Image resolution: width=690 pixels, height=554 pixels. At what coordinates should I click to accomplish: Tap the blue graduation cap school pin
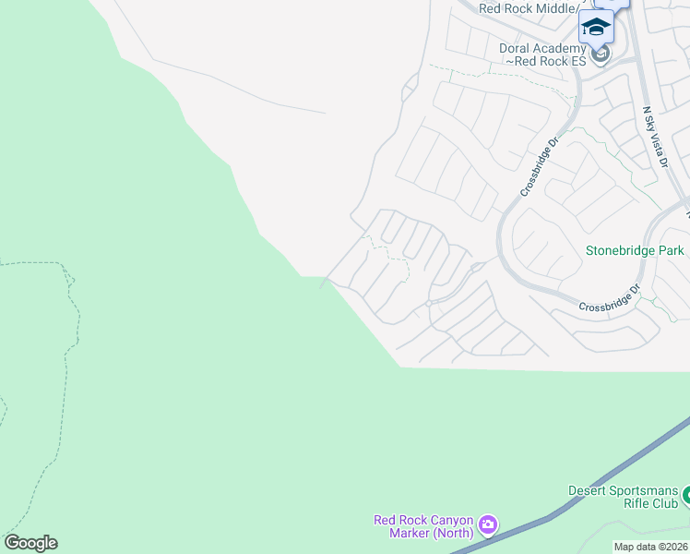point(596,27)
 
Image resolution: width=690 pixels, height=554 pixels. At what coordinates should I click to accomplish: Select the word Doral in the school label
point(516,47)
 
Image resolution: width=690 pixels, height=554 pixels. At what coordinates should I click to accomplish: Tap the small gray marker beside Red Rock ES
point(601,54)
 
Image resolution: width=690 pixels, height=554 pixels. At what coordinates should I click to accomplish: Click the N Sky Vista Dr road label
point(655,136)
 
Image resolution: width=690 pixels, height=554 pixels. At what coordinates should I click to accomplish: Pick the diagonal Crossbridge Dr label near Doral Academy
point(540,167)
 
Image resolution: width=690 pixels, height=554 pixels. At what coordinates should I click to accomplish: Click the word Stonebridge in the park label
point(620,250)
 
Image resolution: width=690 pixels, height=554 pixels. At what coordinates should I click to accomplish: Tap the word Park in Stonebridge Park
point(671,250)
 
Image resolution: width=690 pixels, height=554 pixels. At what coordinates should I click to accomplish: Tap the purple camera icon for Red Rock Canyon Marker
point(488,526)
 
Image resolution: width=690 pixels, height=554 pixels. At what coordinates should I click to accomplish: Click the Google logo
point(30,543)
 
